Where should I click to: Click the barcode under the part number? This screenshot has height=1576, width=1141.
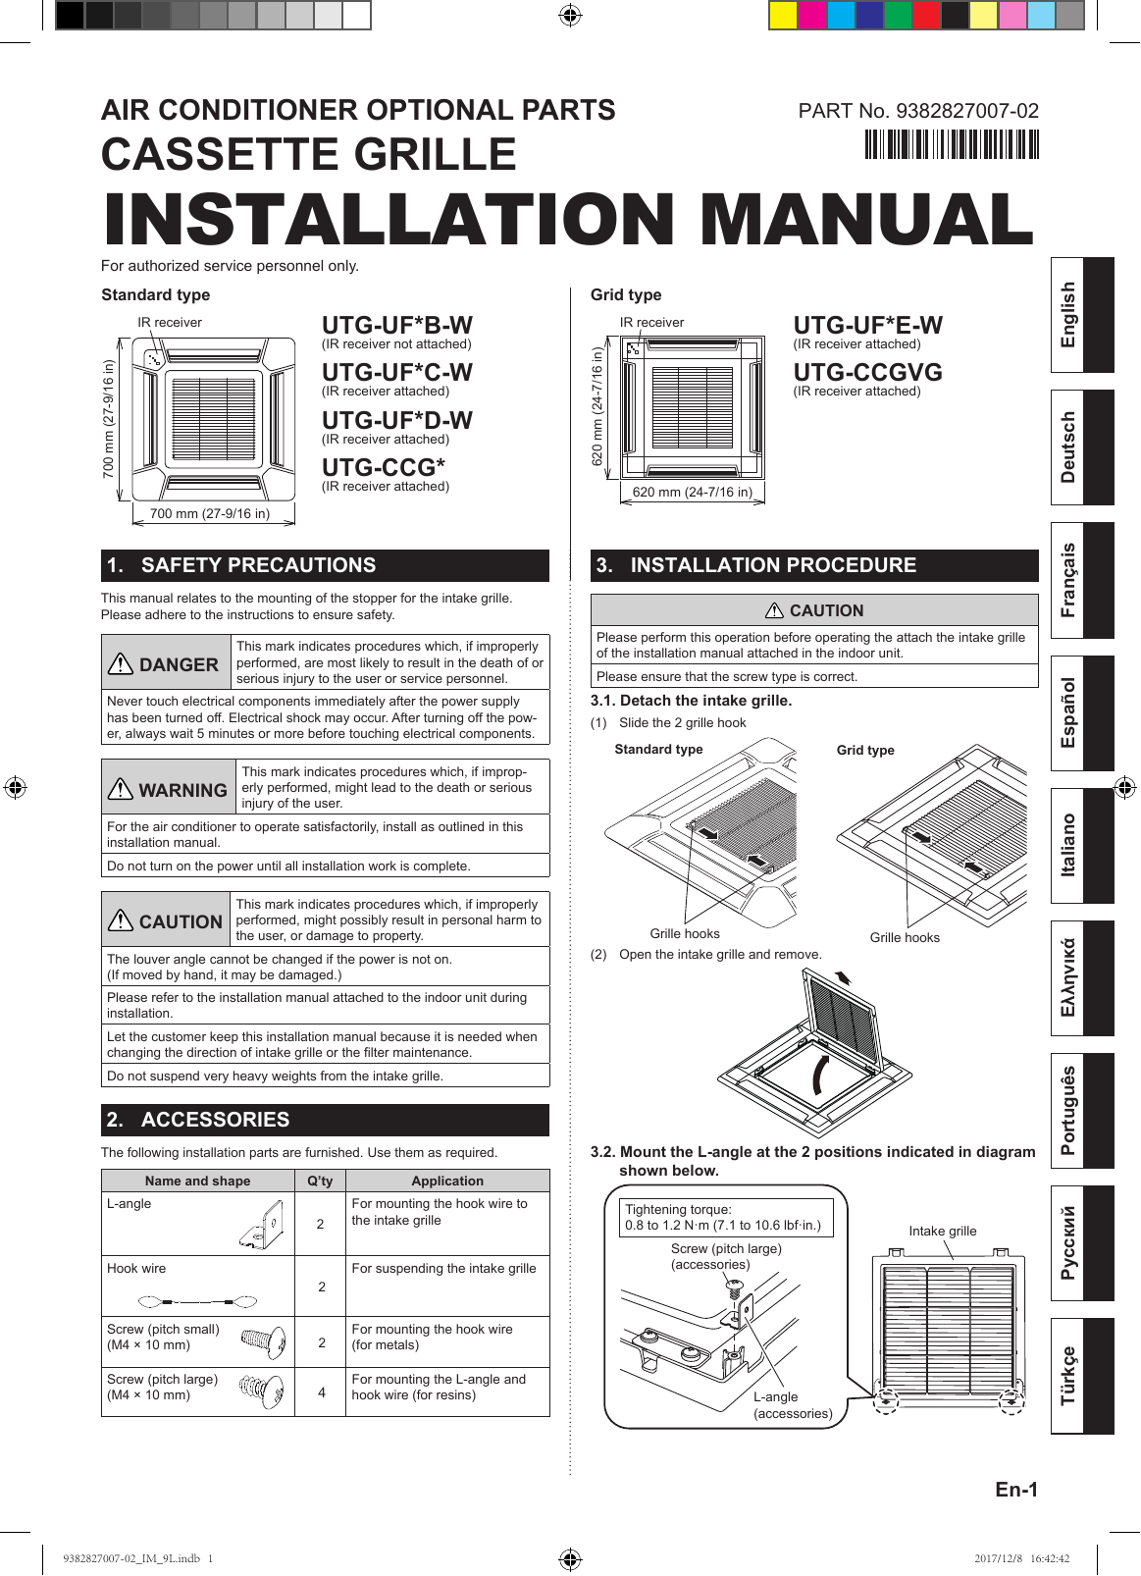click(x=951, y=144)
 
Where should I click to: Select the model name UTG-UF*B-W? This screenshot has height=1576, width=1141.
click(x=396, y=326)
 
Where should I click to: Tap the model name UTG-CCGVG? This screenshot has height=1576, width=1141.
click(x=867, y=373)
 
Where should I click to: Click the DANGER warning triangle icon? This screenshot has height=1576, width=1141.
click(x=120, y=664)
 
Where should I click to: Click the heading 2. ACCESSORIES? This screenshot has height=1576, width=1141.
click(x=215, y=1120)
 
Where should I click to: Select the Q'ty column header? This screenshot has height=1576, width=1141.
click(x=320, y=1181)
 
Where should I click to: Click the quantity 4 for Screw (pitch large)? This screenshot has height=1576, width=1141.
click(x=321, y=1392)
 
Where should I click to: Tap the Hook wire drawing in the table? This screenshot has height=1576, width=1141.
click(x=197, y=1302)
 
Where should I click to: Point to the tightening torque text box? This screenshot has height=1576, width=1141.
click(x=722, y=1218)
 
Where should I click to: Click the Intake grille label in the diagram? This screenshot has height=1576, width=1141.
click(x=942, y=1231)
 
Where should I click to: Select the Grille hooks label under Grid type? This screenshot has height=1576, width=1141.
click(x=904, y=937)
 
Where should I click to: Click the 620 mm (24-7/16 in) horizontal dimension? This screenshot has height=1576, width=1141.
click(x=692, y=492)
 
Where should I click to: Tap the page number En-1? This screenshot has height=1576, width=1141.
click(x=1015, y=1490)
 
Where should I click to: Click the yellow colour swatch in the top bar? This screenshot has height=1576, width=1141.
click(x=783, y=16)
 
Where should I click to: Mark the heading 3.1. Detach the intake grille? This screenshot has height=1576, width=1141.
click(x=691, y=701)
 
